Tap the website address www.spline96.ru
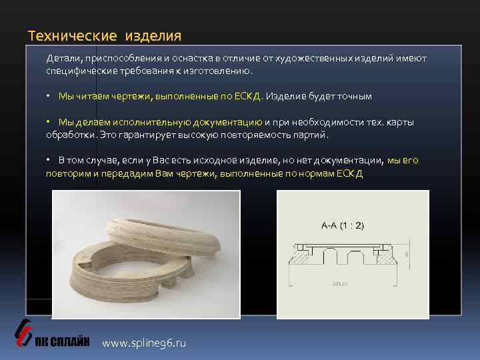[144, 343]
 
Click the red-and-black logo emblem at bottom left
[23, 331]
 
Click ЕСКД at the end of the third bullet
[349, 173]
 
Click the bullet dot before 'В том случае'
[49, 161]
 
